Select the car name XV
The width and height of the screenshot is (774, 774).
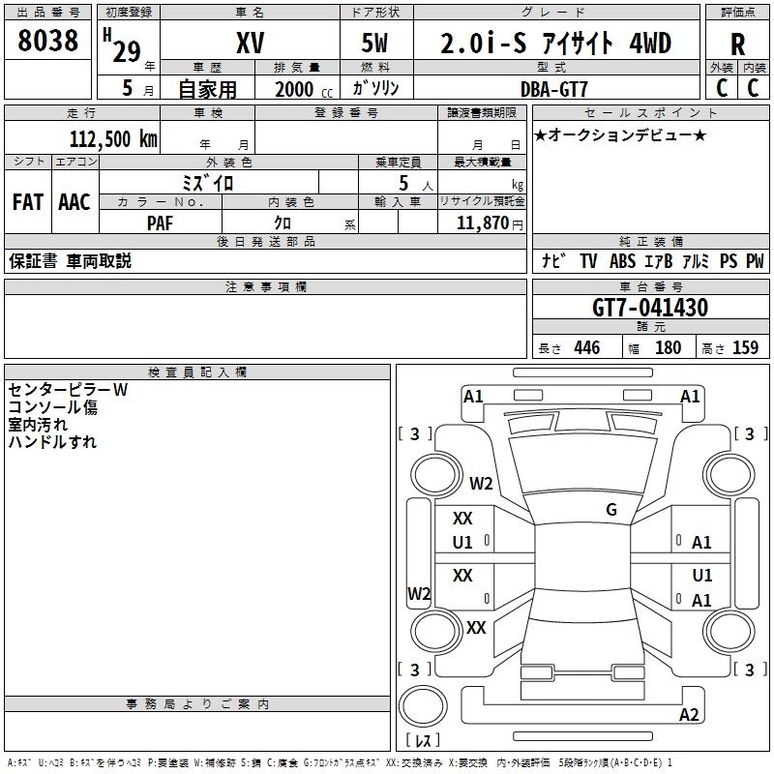(x=250, y=44)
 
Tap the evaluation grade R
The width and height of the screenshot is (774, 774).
(x=737, y=45)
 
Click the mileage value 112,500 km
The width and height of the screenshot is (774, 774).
(x=113, y=138)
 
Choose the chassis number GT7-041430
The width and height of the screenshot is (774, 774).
(x=650, y=308)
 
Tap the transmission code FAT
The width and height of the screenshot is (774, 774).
(x=27, y=201)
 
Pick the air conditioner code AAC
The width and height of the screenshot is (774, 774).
(x=74, y=201)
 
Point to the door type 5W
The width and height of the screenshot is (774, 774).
(x=376, y=44)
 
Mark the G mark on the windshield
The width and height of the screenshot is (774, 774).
(x=610, y=509)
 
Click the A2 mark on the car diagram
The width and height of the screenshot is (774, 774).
(x=689, y=715)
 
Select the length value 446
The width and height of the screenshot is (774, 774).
(x=585, y=348)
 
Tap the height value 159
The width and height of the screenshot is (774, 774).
(x=745, y=348)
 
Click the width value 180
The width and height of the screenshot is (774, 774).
(x=668, y=348)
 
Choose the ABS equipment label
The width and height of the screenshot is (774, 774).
(x=622, y=261)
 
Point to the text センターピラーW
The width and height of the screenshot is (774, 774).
(x=68, y=390)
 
